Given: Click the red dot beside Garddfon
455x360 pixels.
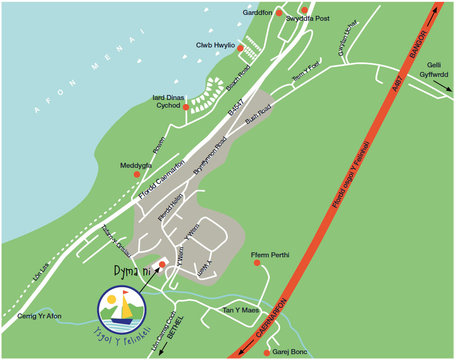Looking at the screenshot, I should (279, 13).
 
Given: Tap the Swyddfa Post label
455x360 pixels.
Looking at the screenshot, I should (308, 19).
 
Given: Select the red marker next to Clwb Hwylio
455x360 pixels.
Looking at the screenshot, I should (240, 48).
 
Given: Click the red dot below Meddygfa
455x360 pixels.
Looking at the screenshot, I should (137, 174).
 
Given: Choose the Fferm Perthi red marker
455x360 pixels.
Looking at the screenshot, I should (257, 263).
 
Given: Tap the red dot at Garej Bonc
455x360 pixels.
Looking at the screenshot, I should (267, 353).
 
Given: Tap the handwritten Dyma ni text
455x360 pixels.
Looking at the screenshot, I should (132, 272).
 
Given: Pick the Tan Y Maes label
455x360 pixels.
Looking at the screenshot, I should (241, 310).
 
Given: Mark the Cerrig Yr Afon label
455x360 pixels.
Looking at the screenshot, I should (39, 316).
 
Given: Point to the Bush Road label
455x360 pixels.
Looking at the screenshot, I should (258, 114).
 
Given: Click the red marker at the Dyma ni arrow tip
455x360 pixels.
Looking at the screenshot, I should (162, 264).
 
